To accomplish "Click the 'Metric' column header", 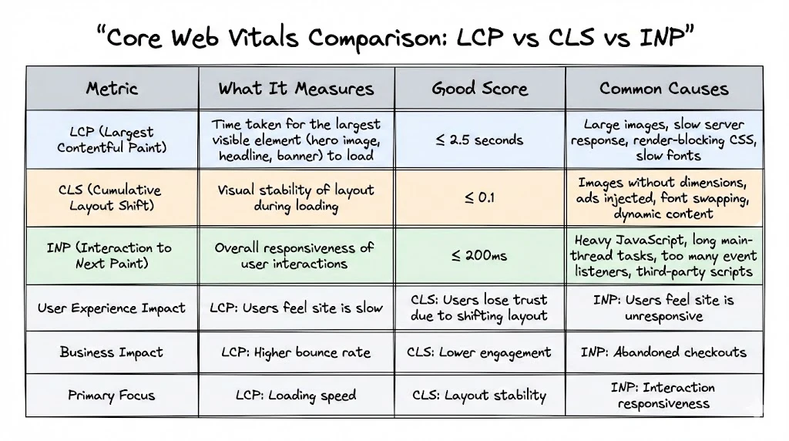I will [112, 88].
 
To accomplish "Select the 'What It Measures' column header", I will [296, 88].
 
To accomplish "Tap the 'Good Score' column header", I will [479, 88].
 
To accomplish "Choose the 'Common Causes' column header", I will [663, 88].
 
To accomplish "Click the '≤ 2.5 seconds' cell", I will [479, 140].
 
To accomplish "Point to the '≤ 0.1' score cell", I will [479, 197].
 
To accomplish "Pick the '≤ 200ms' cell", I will [479, 255].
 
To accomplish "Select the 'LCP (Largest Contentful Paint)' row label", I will [112, 140].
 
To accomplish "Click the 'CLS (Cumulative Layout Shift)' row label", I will [112, 197].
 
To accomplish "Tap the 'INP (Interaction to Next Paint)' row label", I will [112, 255].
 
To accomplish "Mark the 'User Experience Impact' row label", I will [112, 308].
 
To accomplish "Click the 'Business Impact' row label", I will [112, 352].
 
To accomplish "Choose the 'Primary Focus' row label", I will [112, 396].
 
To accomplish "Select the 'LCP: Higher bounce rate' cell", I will [296, 352].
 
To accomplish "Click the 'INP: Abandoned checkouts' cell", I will [663, 352].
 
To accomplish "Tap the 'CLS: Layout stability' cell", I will [479, 396].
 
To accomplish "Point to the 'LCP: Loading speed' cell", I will [296, 396].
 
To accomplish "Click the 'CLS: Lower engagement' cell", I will [479, 352].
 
